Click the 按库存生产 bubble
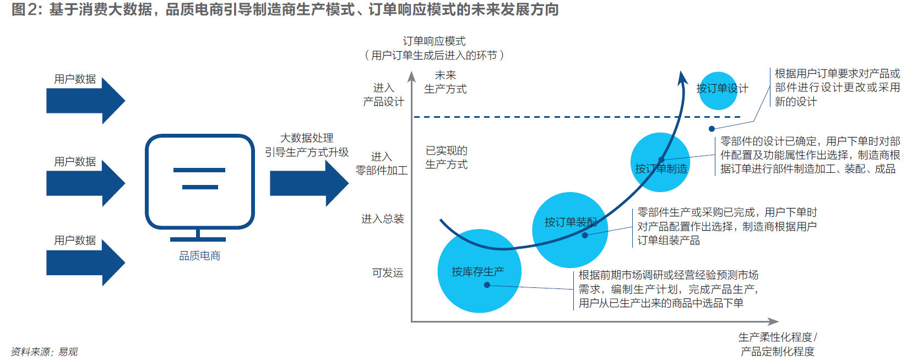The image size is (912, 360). coord(479,271)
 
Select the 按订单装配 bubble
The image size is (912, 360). coord(570,230)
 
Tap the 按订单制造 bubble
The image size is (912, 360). coord(660,162)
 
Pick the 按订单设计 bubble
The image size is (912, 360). coord(718,91)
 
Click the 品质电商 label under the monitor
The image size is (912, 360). coord(199,256)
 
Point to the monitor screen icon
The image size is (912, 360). coord(199,188)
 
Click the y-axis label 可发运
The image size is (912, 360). coord(388,272)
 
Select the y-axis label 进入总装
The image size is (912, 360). coord(382,219)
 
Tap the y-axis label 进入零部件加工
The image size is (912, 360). coord(382,163)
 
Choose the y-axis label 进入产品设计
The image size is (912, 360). coord(383,95)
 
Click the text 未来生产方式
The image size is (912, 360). coord(446,82)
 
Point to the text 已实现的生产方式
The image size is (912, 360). coord(446,157)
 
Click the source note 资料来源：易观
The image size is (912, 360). coord(44,351)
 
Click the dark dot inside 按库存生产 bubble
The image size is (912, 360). coord(487,285)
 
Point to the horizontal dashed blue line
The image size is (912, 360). coord(577,117)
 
